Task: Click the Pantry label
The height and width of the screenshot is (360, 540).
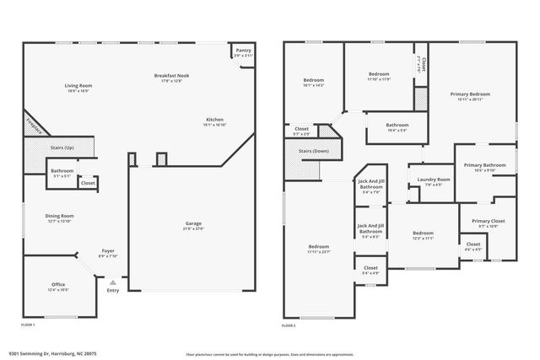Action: click(244, 51)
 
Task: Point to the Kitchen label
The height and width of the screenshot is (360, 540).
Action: click(214, 120)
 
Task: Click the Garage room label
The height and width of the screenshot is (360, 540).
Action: click(194, 223)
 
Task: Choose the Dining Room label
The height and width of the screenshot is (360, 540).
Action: click(60, 216)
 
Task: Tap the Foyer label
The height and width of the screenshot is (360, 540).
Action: click(108, 250)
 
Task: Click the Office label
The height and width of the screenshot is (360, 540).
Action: click(58, 285)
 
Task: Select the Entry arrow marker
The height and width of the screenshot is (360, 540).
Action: click(113, 282)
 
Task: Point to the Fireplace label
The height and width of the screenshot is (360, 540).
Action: click(34, 125)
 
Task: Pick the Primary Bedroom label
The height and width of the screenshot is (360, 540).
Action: click(471, 94)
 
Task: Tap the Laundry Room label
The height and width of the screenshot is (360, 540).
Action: click(432, 180)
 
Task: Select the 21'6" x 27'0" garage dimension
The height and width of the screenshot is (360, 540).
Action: click(194, 228)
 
